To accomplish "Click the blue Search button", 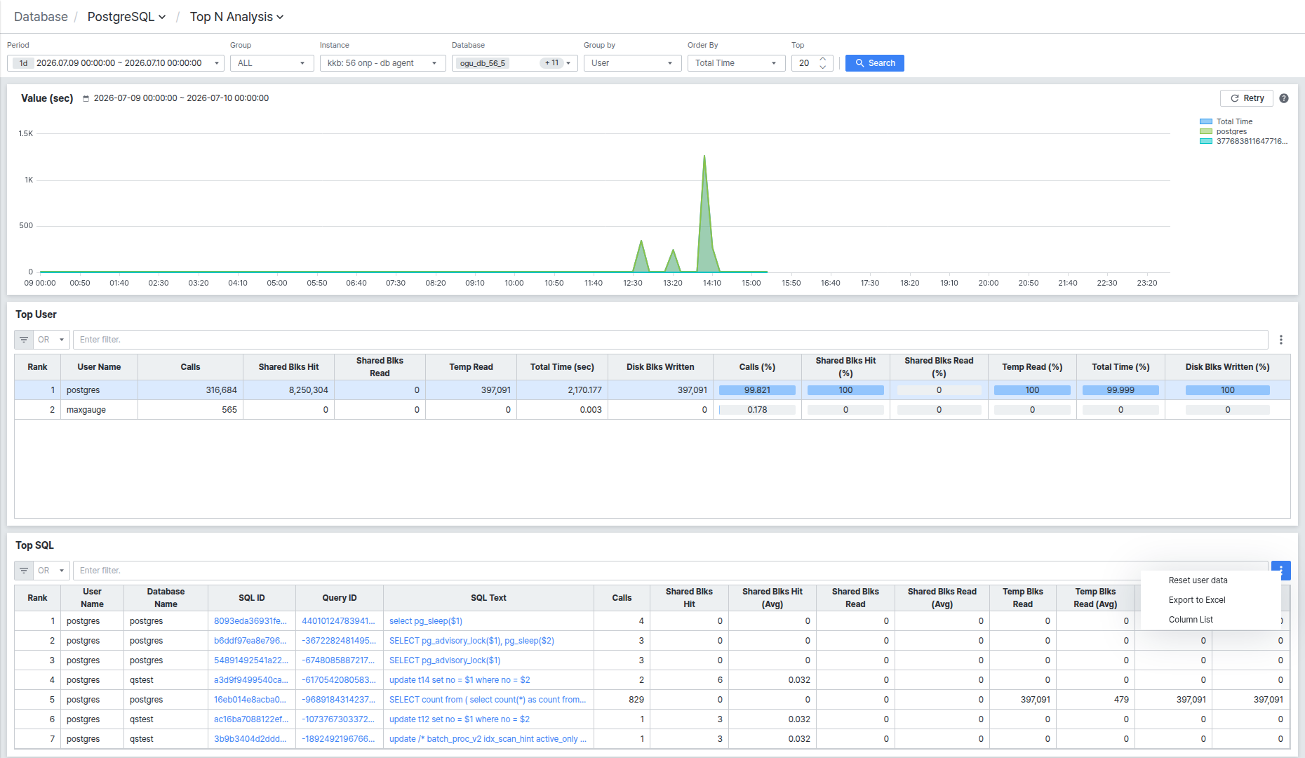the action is tap(874, 63).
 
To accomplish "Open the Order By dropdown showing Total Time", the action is tap(736, 63).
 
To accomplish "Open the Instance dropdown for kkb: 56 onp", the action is tap(382, 63).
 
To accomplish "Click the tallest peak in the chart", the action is tap(704, 156).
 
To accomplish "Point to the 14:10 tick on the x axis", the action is tap(712, 283).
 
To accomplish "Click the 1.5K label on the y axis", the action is tap(26, 133).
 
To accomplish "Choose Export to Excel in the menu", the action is tap(1197, 600).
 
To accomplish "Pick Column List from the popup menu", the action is tap(1191, 620).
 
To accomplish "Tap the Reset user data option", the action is tap(1198, 580).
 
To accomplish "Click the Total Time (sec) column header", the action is tap(562, 367).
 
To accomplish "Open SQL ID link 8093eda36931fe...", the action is tap(250, 621).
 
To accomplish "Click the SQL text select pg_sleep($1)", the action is tap(426, 621).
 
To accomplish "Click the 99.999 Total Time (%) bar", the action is tap(1120, 390).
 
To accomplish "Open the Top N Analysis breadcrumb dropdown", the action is tap(236, 17).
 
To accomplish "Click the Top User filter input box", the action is tap(670, 340).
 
